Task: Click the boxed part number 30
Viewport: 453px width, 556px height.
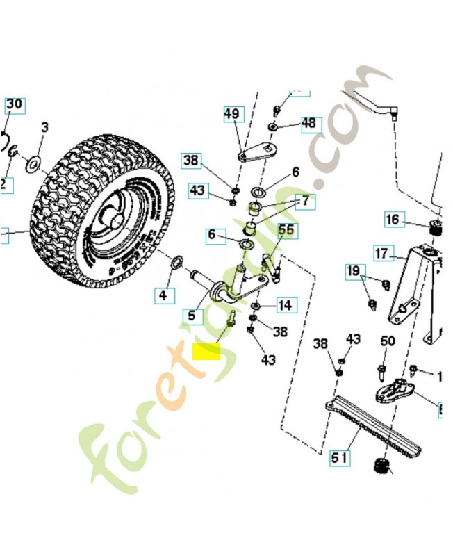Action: (15, 104)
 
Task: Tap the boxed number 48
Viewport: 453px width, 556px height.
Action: (308, 124)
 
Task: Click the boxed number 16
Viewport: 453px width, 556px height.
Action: (393, 220)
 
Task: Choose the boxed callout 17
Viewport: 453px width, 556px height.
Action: (383, 254)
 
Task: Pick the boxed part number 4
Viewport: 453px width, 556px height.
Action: (162, 295)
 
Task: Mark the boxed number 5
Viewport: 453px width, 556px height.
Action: (192, 315)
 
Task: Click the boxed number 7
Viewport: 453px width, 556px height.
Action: (306, 202)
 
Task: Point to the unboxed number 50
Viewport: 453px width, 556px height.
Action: (388, 341)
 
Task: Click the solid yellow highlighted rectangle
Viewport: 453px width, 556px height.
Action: (206, 352)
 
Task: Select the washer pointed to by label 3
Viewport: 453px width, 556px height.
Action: (31, 165)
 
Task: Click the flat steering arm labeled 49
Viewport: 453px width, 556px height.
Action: (257, 151)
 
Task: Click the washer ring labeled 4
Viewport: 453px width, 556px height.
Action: (178, 262)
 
